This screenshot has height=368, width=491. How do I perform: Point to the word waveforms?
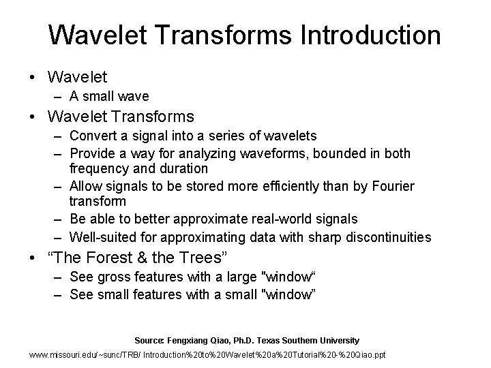click(x=278, y=154)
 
